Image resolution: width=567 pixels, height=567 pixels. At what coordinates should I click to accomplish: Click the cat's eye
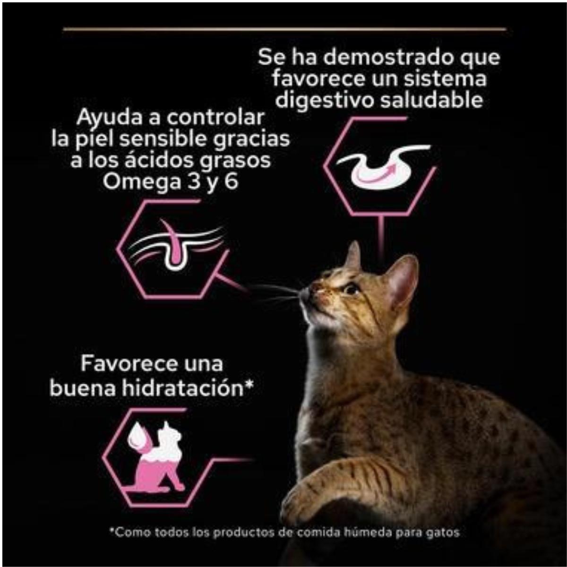coord(351,288)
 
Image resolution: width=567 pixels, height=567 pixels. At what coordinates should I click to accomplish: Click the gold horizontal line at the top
coord(284,29)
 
